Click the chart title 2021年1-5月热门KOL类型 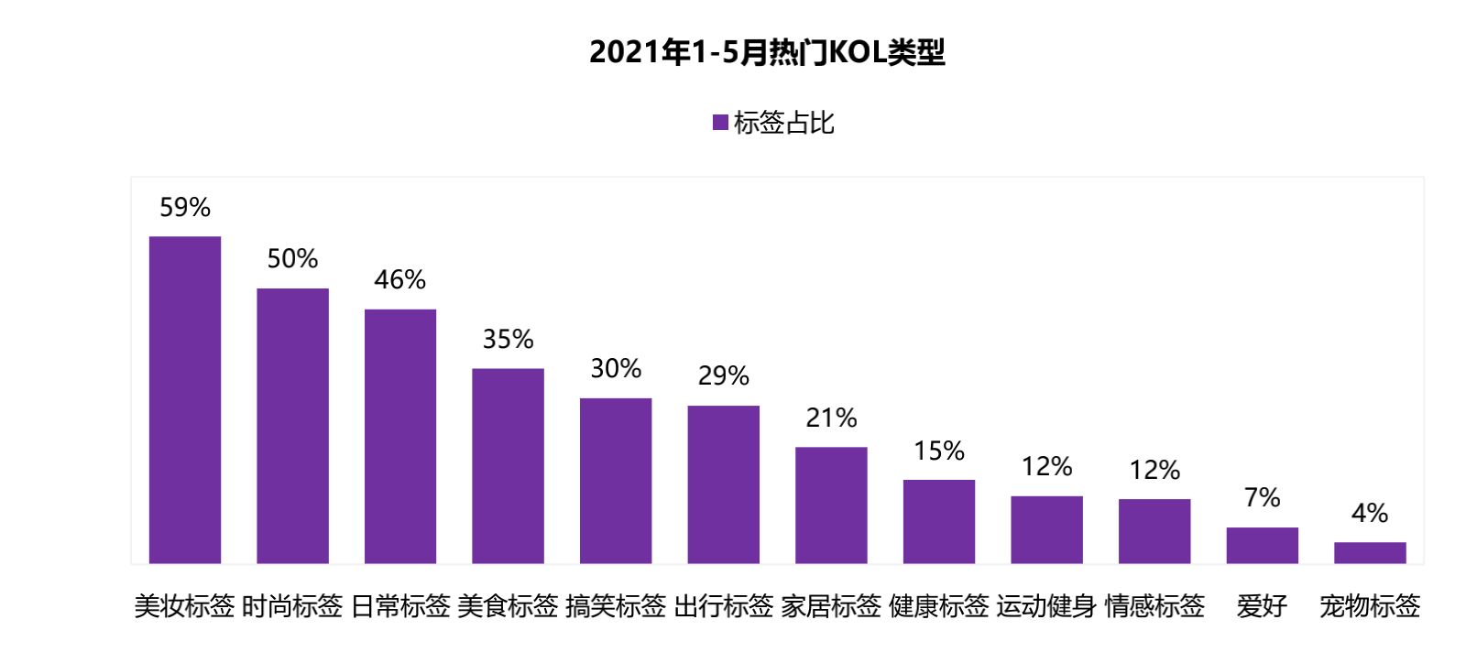coord(767,52)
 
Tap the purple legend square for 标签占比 coord(720,122)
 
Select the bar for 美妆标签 coord(185,399)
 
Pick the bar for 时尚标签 coord(292,426)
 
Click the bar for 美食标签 coord(508,465)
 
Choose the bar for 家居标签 coord(831,505)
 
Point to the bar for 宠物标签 coord(1370,552)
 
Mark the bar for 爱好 coord(1262,545)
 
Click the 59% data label coord(185,208)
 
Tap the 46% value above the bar coord(399,279)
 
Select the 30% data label coord(616,368)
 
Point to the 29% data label coord(723,375)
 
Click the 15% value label coord(939,451)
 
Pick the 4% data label coord(1370,513)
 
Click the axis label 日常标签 coord(400,605)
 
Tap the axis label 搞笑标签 coord(616,605)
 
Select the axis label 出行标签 coord(724,605)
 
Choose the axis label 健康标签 coord(939,605)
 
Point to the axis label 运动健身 coord(1046,605)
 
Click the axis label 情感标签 coord(1154,605)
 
